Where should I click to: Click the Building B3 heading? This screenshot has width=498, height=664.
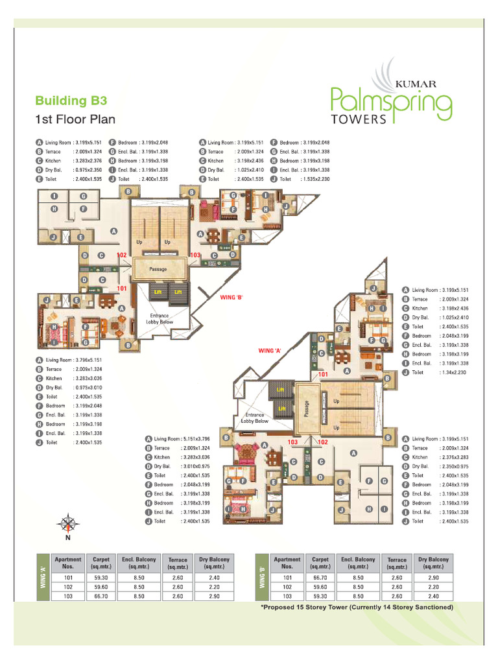(x=71, y=101)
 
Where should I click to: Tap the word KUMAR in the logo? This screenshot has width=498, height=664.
(x=416, y=84)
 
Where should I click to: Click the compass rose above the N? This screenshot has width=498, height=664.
(x=67, y=522)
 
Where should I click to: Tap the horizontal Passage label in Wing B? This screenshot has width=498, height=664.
(x=158, y=269)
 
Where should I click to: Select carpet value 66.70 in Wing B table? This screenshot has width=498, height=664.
(x=320, y=576)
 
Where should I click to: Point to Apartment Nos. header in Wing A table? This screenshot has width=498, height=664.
(x=68, y=562)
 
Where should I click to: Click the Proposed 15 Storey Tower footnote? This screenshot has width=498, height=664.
(x=356, y=607)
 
